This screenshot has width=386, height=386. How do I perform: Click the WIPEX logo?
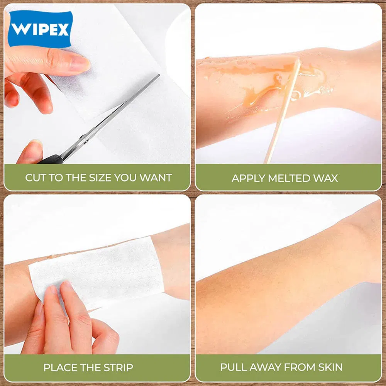click(x=40, y=29)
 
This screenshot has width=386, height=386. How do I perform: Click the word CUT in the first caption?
click(x=36, y=178)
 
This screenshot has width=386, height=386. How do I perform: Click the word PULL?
click(x=232, y=367)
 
